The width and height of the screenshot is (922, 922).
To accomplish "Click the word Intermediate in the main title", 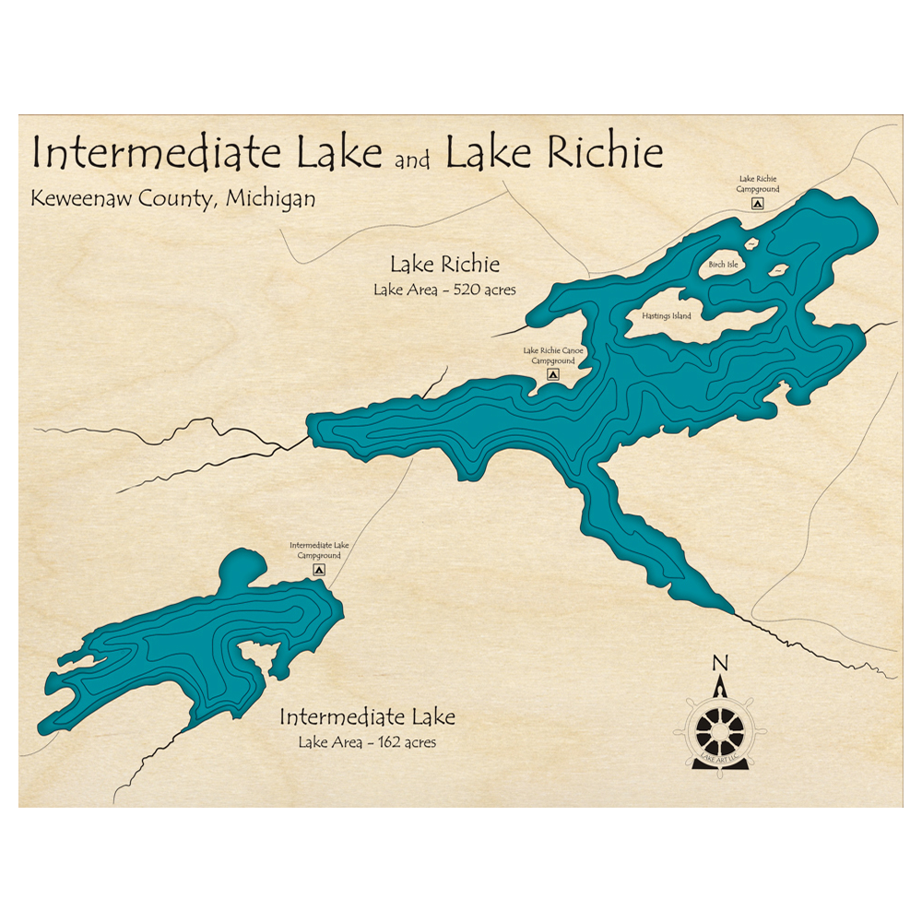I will [156, 153].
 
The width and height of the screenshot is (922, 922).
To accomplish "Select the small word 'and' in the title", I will [412, 161].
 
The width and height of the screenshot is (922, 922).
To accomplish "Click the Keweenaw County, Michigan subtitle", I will [172, 198].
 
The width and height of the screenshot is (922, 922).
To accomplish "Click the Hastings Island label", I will [667, 316].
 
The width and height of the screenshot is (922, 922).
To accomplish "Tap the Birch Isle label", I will [723, 265].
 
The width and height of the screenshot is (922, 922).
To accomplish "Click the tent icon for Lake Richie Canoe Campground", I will [552, 375].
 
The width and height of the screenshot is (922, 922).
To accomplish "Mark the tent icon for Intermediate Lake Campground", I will [319, 571].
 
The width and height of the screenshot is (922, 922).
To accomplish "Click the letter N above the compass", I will [720, 662].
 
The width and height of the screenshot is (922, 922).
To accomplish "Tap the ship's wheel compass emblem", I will [719, 729].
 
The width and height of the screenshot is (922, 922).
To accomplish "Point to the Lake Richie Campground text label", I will [758, 183].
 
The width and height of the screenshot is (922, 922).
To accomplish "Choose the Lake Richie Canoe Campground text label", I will [553, 356].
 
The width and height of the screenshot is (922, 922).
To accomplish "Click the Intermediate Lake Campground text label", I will [319, 550].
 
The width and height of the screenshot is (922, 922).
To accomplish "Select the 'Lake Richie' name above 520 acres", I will [444, 266].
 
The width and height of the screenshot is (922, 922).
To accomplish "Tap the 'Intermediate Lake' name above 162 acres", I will [366, 717].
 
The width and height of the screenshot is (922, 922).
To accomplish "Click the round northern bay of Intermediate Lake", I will [242, 568].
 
